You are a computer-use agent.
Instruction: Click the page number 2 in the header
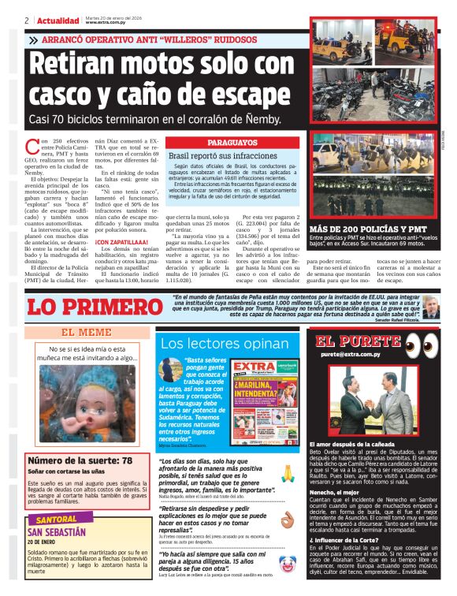pyautogui.click(x=27, y=20)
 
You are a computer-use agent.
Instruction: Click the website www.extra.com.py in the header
pyautogui.click(x=103, y=23)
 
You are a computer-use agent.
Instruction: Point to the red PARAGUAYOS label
pyautogui.click(x=232, y=143)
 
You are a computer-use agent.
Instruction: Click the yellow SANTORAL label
pyautogui.click(x=57, y=520)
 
